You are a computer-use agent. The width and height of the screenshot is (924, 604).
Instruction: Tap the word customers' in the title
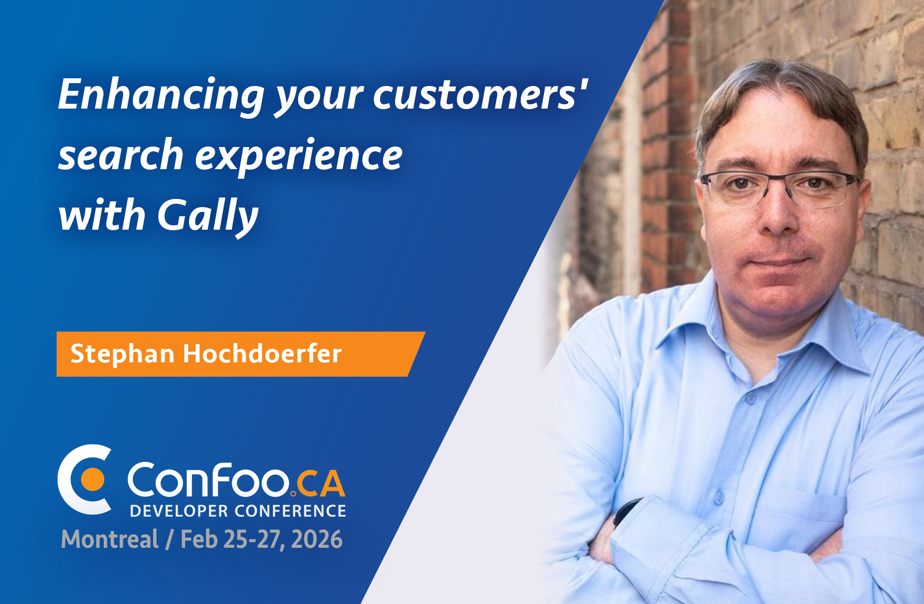coord(480,95)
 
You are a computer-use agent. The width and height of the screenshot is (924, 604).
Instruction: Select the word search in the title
coord(121,155)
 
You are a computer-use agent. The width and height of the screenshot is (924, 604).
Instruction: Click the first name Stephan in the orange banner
coord(122,354)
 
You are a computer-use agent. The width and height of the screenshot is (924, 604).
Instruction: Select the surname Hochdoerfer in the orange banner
coord(262,354)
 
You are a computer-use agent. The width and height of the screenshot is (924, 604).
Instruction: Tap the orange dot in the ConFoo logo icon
coord(92,480)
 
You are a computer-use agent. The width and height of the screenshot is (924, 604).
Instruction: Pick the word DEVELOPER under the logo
coord(179,511)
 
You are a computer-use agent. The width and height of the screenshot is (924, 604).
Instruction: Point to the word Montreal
coord(109,539)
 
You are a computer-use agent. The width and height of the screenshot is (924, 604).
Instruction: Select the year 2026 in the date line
coord(317,539)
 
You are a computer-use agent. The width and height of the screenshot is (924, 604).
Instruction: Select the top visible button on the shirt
coord(750,398)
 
